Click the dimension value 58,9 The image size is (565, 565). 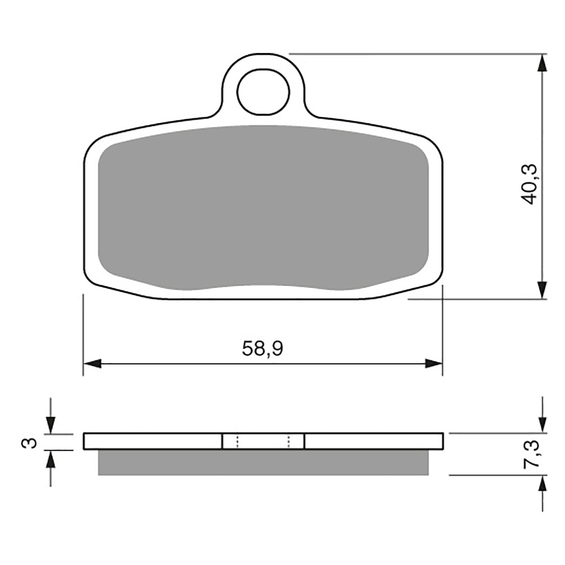pos(262,349)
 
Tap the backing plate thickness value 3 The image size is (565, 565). pos(32,442)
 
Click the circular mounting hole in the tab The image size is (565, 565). pos(263,92)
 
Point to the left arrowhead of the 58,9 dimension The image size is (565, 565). pos(92,363)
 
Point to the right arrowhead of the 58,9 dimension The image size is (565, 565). pos(434,363)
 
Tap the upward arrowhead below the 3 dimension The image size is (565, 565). pos(51,459)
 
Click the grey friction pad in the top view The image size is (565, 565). pos(263,208)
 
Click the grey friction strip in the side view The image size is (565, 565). pos(263,462)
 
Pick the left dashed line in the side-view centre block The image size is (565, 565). pos(238,442)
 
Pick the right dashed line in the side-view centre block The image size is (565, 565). pos(289,442)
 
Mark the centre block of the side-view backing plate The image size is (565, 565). pos(263,442)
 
